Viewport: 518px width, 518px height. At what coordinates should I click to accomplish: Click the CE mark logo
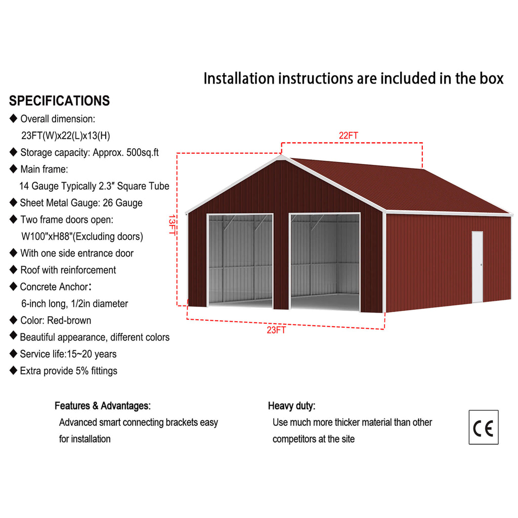point(483,427)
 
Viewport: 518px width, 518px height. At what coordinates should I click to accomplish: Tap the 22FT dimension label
point(349,136)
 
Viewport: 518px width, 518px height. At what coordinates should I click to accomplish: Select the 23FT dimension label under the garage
point(277,330)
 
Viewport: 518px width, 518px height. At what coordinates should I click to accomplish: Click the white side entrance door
point(477,267)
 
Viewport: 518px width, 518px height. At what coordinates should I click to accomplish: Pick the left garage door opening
point(240,259)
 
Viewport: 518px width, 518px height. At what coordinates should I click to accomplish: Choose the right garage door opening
point(324,261)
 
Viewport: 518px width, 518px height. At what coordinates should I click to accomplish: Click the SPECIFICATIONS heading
point(59,101)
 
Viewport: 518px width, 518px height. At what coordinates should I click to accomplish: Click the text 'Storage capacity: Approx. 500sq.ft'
point(90,152)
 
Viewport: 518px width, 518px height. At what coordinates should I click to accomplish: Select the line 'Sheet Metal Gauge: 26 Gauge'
point(81,203)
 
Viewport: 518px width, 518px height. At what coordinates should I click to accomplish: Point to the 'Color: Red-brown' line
point(56,320)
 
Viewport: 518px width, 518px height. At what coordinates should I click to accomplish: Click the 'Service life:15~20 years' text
point(68,354)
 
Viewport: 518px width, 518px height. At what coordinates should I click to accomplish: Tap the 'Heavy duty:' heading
point(291,406)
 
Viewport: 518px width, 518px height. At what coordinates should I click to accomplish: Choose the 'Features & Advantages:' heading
point(102,406)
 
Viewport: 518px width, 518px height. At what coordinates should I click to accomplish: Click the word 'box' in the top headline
point(490,78)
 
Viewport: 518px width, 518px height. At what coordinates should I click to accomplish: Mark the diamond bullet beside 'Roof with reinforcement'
point(13,270)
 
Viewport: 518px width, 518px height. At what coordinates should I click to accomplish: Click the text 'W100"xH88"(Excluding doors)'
point(82,236)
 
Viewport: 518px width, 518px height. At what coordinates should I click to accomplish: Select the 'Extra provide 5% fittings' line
point(68,371)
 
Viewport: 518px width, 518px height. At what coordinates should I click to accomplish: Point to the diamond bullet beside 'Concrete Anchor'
point(13,286)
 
